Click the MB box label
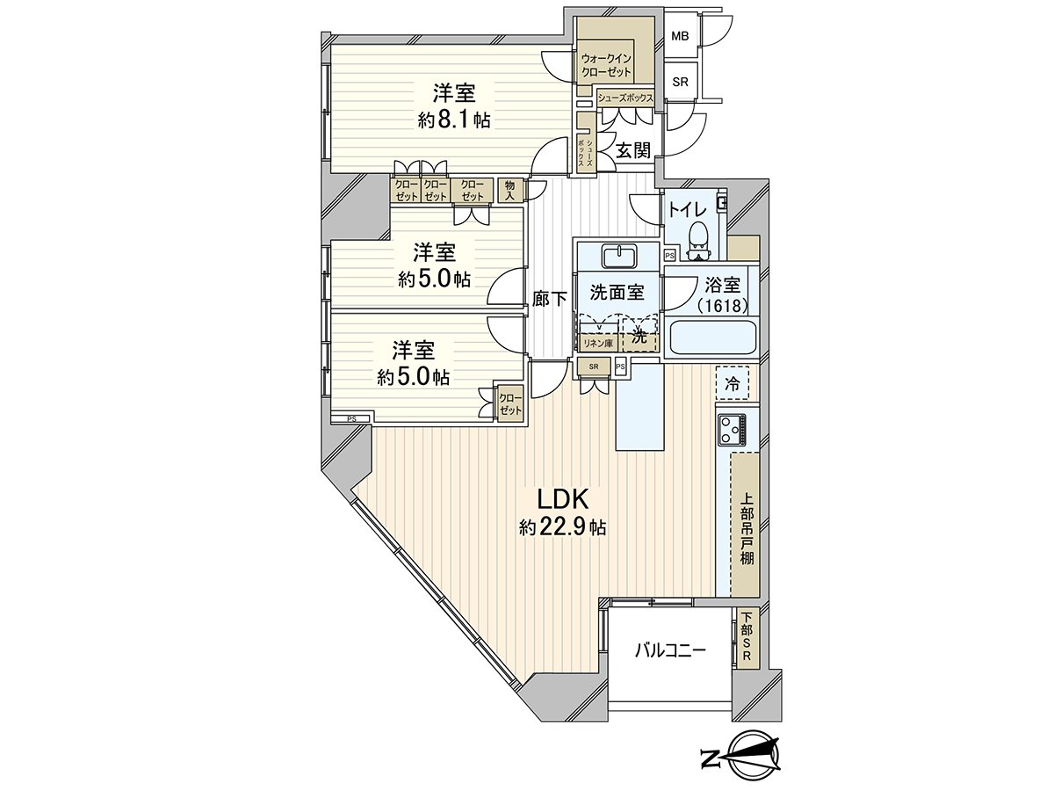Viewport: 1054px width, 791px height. [680, 37]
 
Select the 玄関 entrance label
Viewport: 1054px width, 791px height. [632, 150]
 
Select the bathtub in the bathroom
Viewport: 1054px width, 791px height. [712, 337]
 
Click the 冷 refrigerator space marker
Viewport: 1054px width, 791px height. [732, 382]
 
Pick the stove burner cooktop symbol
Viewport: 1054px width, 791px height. [732, 430]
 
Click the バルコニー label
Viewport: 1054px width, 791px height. [670, 651]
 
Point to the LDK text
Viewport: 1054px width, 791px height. [562, 499]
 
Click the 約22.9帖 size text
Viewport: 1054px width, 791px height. [562, 527]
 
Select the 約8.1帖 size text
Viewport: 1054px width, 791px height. [453, 120]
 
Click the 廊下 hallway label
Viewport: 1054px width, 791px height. [550, 299]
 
